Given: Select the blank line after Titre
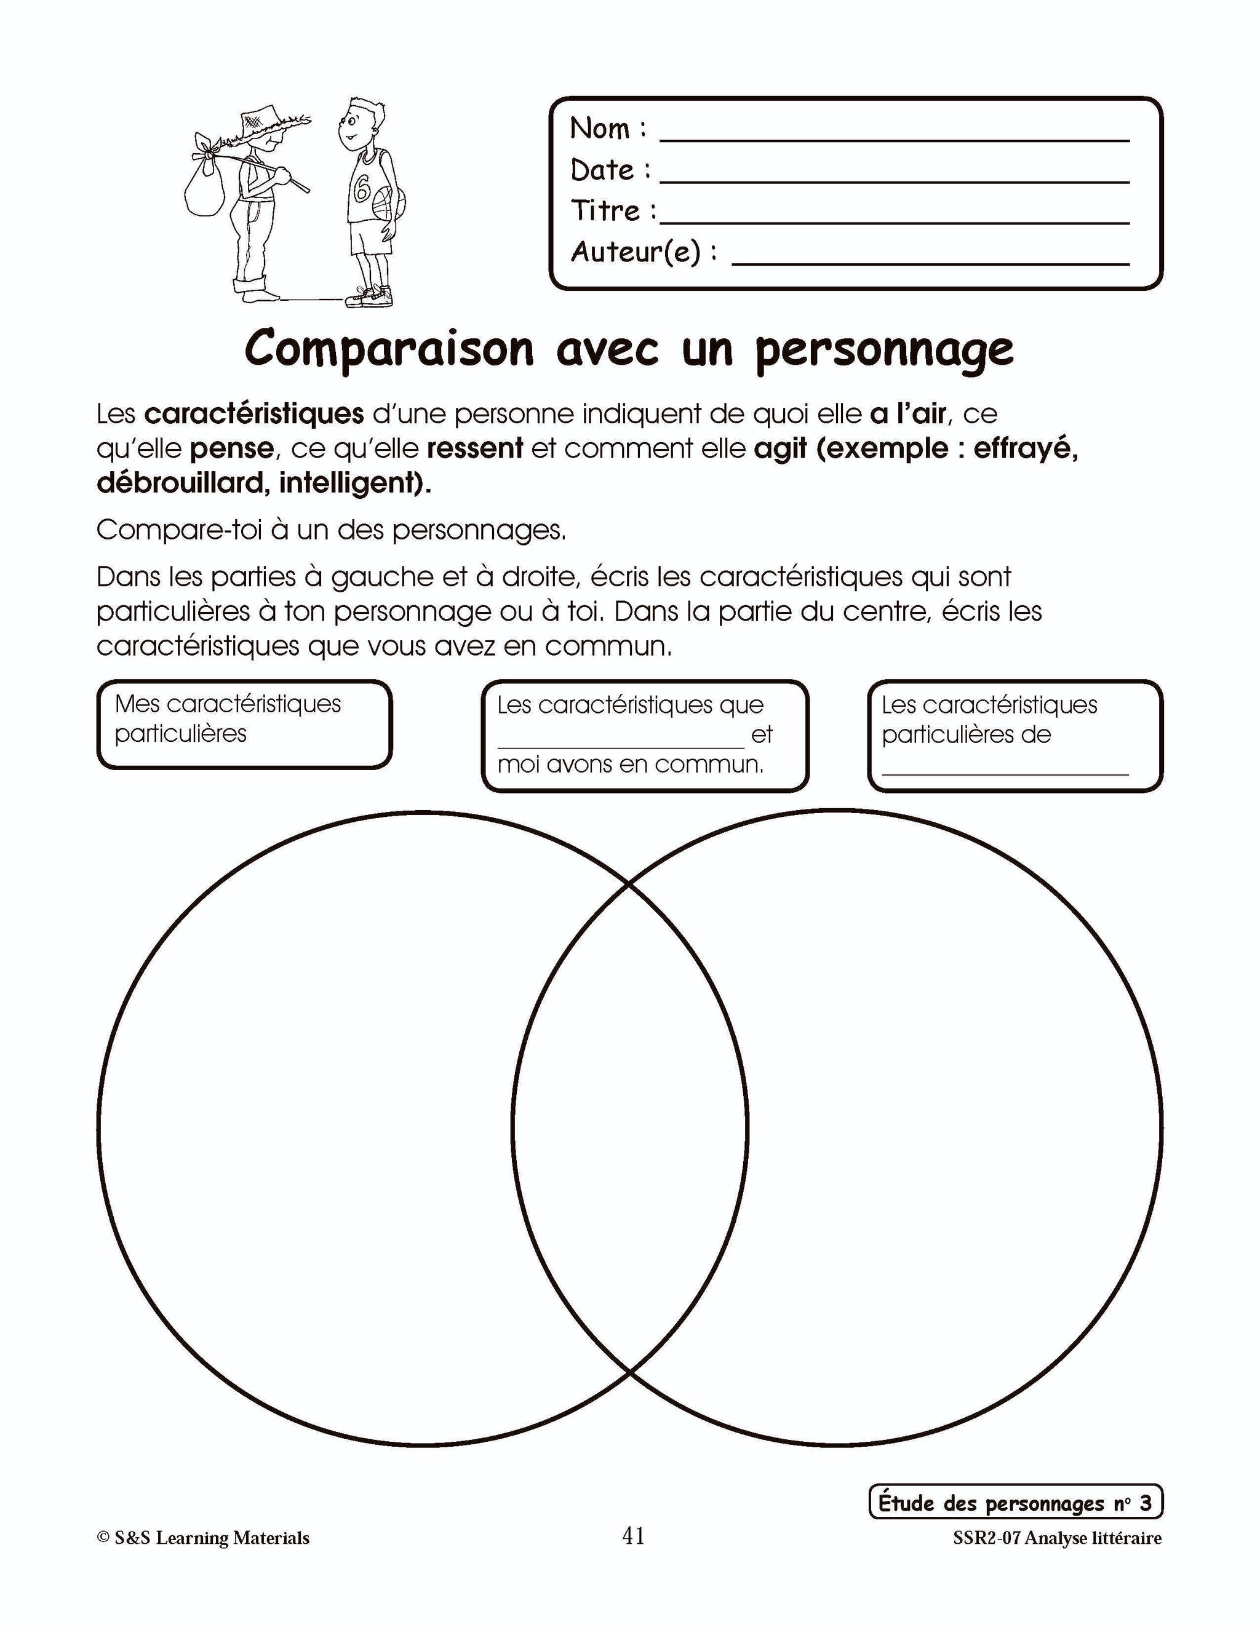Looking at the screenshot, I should pyautogui.click(x=894, y=221).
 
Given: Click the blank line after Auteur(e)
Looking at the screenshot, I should pyautogui.click(x=930, y=262).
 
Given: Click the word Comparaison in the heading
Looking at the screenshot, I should pyautogui.click(x=389, y=349).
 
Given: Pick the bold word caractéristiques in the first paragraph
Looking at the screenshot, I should pyautogui.click(x=254, y=413).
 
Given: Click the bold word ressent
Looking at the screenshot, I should pyautogui.click(x=475, y=448).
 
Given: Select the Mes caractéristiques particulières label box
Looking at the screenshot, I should pyautogui.click(x=244, y=723).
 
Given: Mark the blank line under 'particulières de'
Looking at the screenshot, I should pyautogui.click(x=1005, y=773).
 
